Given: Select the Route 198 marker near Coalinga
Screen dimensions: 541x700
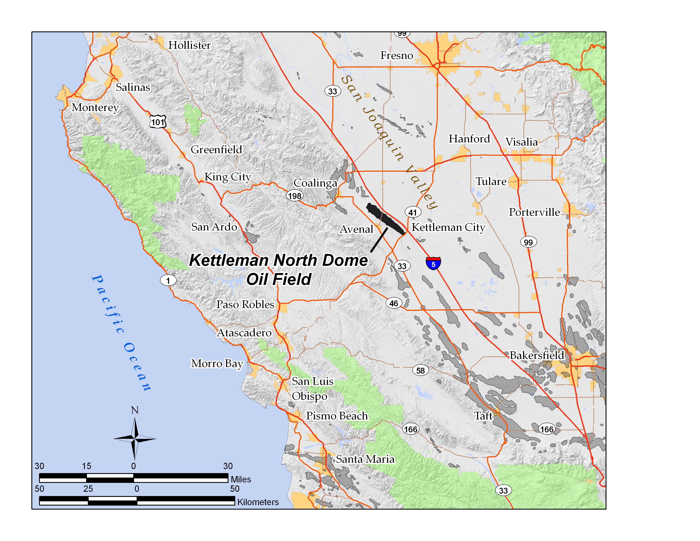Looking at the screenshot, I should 295,196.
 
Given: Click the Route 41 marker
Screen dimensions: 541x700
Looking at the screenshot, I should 413,212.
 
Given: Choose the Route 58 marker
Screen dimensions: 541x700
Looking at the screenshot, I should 420,370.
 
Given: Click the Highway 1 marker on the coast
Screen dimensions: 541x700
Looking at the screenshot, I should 168,281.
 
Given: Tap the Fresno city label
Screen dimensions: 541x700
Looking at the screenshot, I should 396,55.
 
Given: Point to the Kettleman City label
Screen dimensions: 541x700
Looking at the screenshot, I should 448,227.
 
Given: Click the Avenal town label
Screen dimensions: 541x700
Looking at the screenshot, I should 356,229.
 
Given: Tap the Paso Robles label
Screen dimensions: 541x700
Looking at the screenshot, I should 245,304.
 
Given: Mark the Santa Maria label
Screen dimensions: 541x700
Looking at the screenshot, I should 365,459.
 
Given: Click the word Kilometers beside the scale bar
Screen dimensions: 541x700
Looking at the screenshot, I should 258,502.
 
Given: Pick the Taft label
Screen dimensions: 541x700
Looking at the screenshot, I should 483,416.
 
